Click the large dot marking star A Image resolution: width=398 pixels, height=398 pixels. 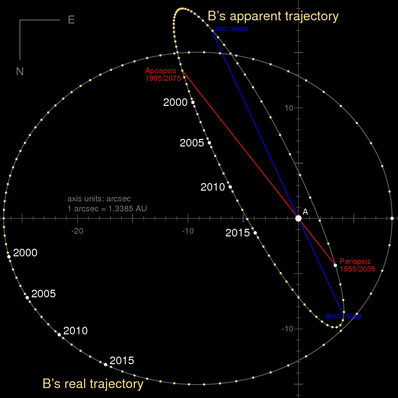click(x=298, y=218)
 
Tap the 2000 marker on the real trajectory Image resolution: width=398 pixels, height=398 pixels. click(x=9, y=257)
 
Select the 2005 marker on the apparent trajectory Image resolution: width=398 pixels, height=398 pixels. click(x=209, y=142)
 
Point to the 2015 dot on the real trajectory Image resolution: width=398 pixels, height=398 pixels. click(x=105, y=364)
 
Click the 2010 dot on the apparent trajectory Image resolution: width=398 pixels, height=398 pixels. click(x=230, y=187)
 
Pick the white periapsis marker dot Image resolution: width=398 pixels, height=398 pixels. click(x=335, y=265)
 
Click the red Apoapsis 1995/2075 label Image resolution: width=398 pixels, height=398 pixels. click(x=163, y=74)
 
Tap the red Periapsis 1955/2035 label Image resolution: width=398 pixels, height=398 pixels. click(x=357, y=265)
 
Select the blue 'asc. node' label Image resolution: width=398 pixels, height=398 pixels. click(x=232, y=29)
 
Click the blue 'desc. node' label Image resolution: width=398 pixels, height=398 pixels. click(x=343, y=316)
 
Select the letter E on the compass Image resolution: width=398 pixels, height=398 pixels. click(x=71, y=20)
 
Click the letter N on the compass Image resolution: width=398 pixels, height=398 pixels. click(x=20, y=71)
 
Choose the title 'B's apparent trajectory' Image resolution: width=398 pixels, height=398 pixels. click(x=273, y=16)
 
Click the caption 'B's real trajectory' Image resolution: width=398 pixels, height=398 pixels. click(x=93, y=384)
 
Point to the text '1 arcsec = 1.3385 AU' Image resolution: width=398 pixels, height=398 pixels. click(x=107, y=208)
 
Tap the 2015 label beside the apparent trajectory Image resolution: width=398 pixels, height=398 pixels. click(x=237, y=233)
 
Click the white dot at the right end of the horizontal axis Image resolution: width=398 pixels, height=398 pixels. click(x=392, y=218)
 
